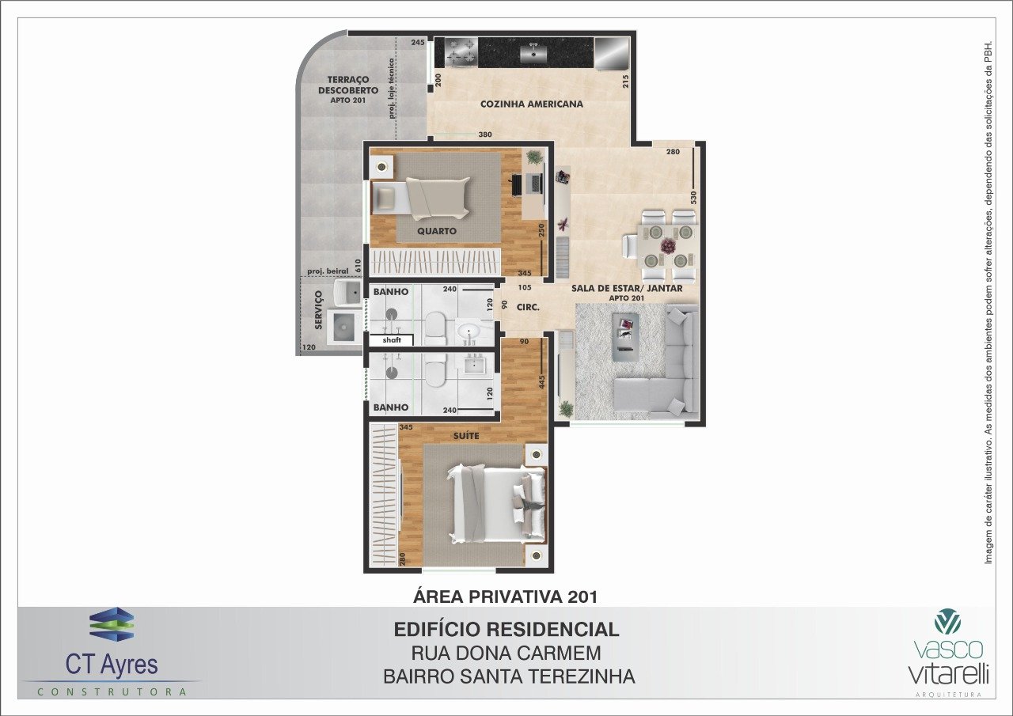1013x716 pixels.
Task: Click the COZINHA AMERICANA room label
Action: point(531,104)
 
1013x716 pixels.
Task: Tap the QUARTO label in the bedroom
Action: point(436,231)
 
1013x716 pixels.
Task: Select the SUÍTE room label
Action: point(466,436)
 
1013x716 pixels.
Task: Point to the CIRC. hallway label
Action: point(528,308)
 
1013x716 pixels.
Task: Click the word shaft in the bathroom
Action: point(392,340)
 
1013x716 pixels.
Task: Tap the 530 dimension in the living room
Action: point(693,198)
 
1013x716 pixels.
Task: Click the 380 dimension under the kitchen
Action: point(485,134)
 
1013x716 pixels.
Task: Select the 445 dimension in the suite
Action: point(542,382)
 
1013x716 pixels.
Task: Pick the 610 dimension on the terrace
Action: point(359,265)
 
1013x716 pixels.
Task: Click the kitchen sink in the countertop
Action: point(533,53)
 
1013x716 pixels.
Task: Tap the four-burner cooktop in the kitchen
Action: point(461,52)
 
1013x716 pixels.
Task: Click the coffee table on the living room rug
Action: point(626,337)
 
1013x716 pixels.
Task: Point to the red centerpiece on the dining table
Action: point(668,246)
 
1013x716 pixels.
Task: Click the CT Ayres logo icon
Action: point(112,624)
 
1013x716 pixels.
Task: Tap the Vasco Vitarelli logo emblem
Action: point(947,621)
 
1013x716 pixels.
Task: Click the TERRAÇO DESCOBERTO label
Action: point(347,90)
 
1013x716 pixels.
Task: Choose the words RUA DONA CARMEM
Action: point(506,653)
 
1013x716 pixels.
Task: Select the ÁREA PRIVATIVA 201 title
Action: point(505,597)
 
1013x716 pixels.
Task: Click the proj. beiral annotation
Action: point(328,271)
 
